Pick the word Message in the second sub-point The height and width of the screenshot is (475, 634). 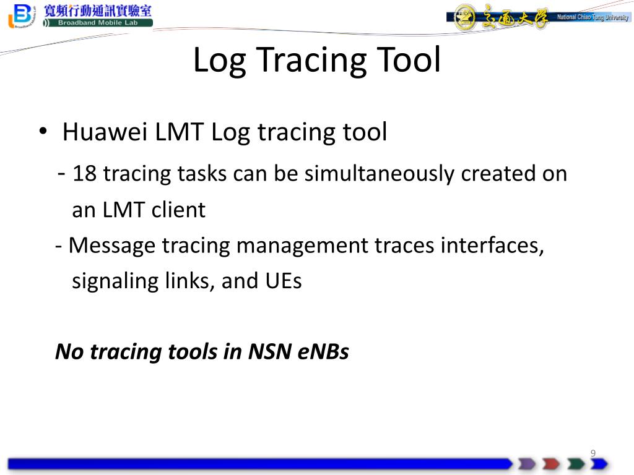[x=112, y=246]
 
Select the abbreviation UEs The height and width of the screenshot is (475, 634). [x=284, y=281]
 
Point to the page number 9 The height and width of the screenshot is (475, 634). [x=593, y=453]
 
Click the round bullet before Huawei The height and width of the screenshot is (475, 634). [x=43, y=132]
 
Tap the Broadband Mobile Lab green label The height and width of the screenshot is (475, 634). [x=98, y=23]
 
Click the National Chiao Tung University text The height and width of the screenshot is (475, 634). [x=593, y=17]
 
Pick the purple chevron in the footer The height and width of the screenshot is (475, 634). [x=527, y=464]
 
